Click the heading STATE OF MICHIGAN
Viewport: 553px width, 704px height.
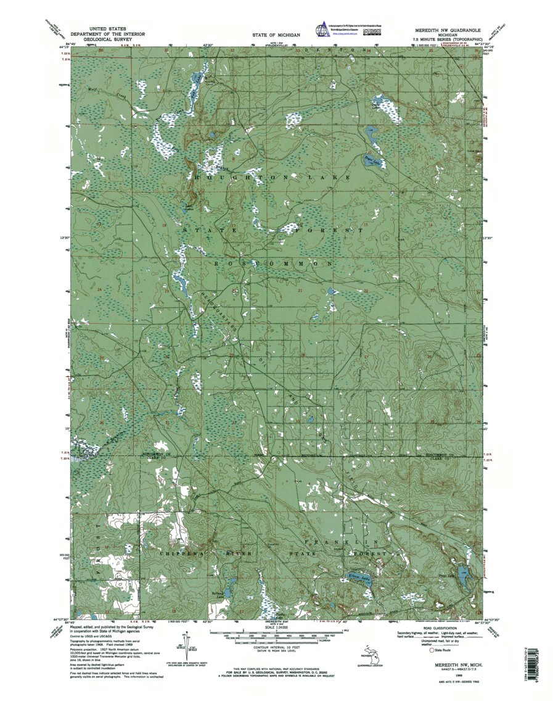click(276, 35)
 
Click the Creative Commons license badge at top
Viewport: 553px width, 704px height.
click(372, 29)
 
